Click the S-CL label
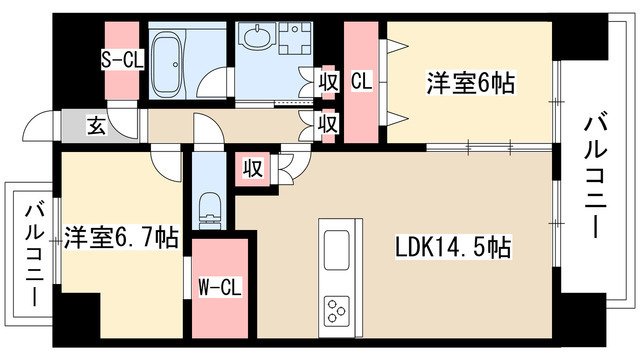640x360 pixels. pos(122,60)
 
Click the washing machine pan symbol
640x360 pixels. pos(295,38)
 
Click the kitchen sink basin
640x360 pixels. pos(336,250)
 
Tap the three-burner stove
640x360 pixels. pos(336,311)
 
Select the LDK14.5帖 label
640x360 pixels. pos(453,247)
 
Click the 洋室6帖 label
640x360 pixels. pos(471,83)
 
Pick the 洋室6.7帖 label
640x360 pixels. pos(121,238)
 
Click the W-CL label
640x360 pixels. pos(220,287)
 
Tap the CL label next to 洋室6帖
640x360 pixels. pos(362,81)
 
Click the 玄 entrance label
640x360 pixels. pos(97,126)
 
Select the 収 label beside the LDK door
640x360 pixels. pos(253,168)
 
